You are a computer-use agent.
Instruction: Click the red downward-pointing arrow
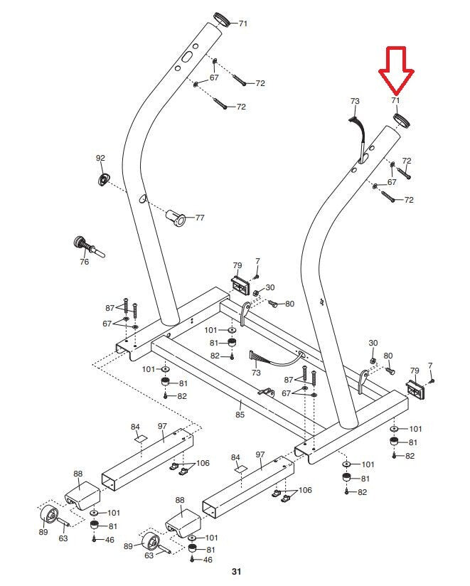coord(396,71)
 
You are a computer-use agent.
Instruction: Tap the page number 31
coord(237,572)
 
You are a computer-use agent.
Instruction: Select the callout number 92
coord(100,157)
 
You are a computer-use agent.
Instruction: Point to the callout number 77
coord(200,218)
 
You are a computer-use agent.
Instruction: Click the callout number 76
coord(84,262)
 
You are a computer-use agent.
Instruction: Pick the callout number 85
coord(240,415)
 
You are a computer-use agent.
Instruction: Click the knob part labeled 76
coord(87,246)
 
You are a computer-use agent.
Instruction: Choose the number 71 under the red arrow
coord(396,102)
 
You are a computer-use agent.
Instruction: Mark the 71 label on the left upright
coord(243,23)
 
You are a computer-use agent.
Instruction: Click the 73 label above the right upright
coord(356,102)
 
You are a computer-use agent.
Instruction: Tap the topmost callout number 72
coord(260,83)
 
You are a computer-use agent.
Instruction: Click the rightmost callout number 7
coord(429,366)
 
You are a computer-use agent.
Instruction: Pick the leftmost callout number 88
coord(78,474)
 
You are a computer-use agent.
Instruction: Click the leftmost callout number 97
coord(162,426)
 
